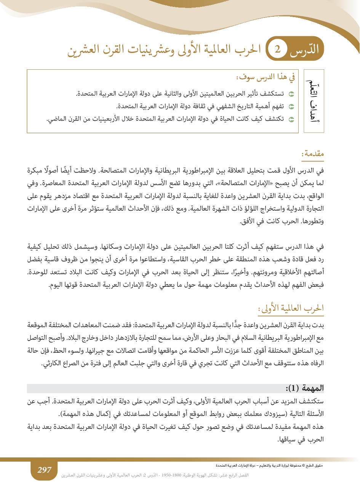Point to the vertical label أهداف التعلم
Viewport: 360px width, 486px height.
[x=313, y=101]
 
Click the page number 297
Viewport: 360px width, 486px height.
[x=44, y=470]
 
